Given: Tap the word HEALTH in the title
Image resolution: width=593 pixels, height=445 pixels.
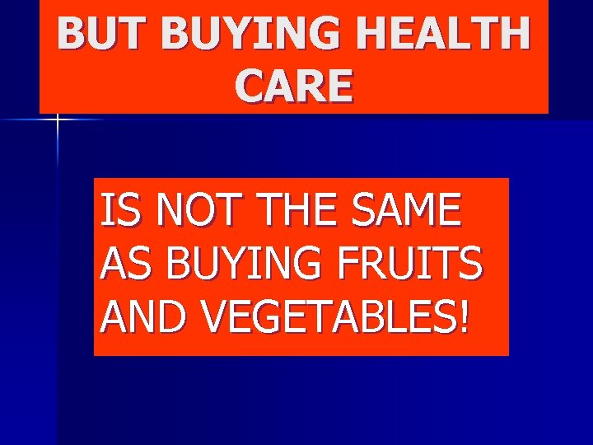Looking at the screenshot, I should [452, 34].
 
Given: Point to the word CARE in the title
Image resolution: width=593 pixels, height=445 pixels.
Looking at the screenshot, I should [294, 86].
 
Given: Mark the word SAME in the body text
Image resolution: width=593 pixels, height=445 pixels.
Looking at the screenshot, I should [409, 211].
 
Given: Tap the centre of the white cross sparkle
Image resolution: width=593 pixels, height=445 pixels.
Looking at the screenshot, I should [58, 120].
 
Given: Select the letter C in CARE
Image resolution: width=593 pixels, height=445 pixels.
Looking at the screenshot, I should [250, 86].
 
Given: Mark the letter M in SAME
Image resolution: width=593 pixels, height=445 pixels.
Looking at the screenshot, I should [423, 211].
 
